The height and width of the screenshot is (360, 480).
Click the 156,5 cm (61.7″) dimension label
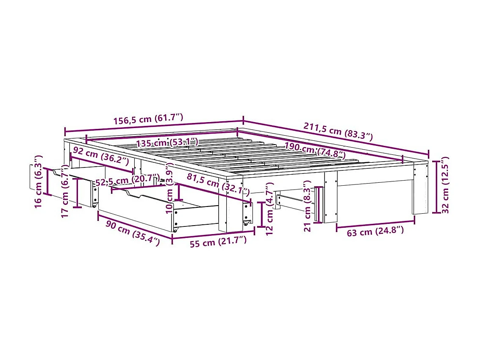pyautogui.click(x=148, y=119)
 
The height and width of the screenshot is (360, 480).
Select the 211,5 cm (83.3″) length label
pyautogui.click(x=338, y=131)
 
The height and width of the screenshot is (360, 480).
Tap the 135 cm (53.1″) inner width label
pyautogui.click(x=167, y=142)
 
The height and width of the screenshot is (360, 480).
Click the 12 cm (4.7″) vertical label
pyautogui.click(x=269, y=209)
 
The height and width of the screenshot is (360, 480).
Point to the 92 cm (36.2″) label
pyautogui.click(x=101, y=156)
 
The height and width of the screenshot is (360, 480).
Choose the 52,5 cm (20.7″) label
pyautogui.click(x=127, y=180)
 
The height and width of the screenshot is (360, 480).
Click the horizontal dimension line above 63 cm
pyautogui.click(x=375, y=221)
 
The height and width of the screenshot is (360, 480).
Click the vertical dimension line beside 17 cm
pyautogui.click(x=77, y=193)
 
